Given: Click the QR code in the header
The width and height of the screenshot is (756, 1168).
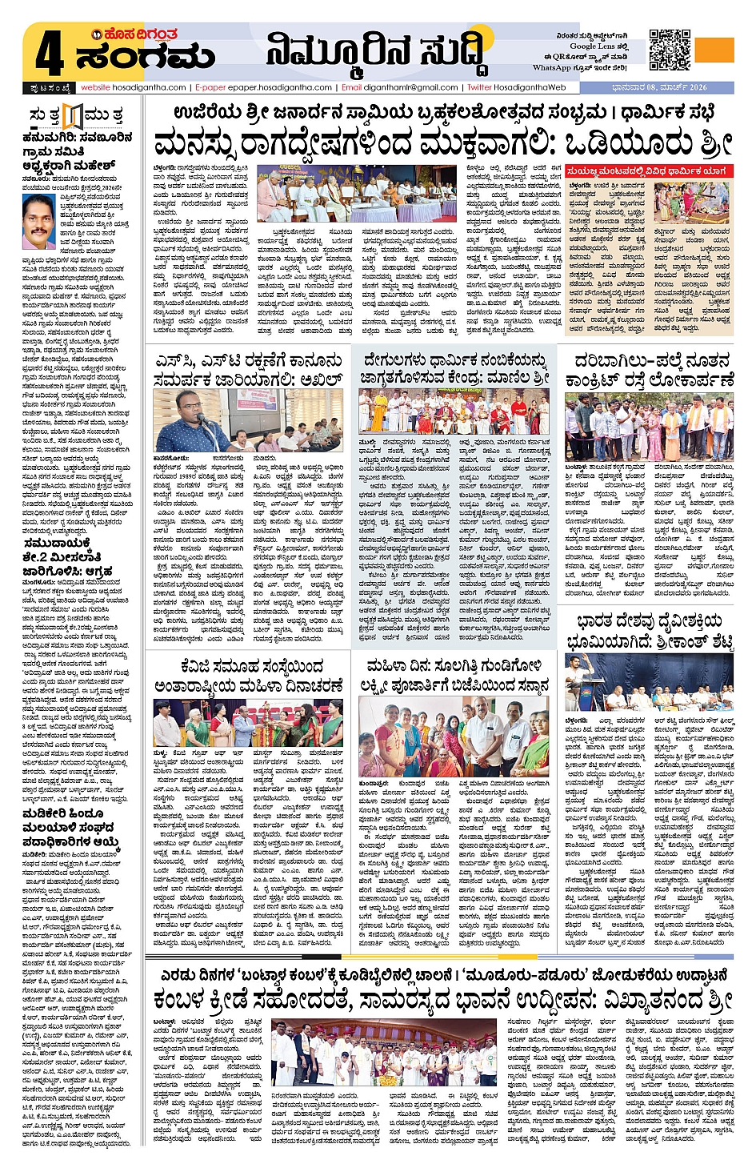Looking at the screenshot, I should click(669, 50).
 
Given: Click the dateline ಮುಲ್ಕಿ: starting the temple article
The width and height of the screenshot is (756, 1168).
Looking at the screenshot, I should click(367, 442).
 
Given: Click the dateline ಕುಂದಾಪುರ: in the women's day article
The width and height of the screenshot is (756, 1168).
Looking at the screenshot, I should click(374, 783).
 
